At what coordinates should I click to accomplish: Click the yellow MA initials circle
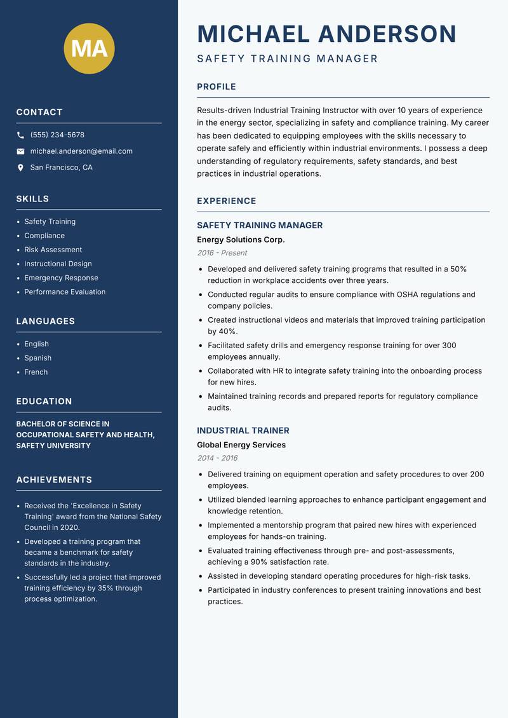[90, 48]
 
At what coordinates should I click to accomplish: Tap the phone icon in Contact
[20, 135]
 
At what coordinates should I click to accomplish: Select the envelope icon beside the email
[20, 151]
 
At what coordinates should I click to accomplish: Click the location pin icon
[20, 168]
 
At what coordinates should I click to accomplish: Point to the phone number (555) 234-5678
[57, 135]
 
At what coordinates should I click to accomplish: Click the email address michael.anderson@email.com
[81, 151]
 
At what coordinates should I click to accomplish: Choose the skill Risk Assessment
[53, 250]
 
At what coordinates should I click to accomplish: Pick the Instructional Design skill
[58, 264]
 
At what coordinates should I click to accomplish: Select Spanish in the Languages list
[38, 358]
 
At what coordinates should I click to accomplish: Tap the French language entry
[36, 372]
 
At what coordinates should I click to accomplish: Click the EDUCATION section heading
[44, 402]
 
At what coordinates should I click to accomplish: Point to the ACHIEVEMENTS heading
[54, 480]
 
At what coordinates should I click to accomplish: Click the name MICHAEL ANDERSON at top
[327, 34]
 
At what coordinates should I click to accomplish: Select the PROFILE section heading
[217, 87]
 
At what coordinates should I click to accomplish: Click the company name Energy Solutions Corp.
[241, 240]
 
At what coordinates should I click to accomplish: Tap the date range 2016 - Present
[222, 253]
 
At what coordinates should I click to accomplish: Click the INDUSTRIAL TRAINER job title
[243, 430]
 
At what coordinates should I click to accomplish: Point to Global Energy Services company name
[241, 445]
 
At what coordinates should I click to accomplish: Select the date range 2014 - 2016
[217, 458]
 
